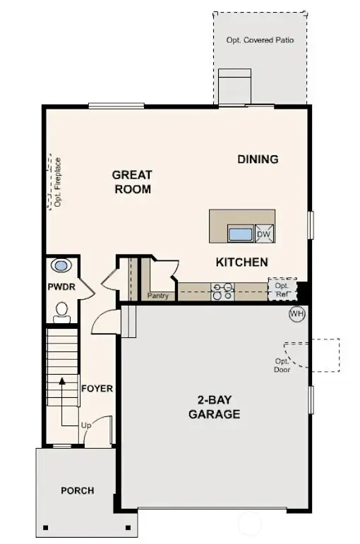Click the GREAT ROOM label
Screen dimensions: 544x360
tap(132, 181)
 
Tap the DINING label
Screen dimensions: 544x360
tap(258, 159)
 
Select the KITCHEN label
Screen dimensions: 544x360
tap(241, 262)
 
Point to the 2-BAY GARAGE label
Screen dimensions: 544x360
tap(214, 407)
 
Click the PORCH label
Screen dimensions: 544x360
tap(77, 490)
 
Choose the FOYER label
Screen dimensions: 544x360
tap(97, 388)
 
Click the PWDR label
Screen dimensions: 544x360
tap(61, 288)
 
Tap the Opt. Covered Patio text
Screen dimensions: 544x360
tap(260, 40)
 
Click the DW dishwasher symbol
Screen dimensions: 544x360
tap(263, 234)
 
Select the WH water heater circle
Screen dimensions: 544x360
tap(295, 313)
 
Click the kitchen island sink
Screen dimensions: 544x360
tap(240, 234)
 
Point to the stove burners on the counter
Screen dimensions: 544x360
tap(223, 291)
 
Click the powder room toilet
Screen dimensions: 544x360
tap(62, 310)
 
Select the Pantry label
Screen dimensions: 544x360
tap(158, 296)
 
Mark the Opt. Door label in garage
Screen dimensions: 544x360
tap(282, 365)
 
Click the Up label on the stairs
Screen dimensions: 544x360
tap(87, 426)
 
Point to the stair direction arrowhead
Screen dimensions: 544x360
tap(62, 380)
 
